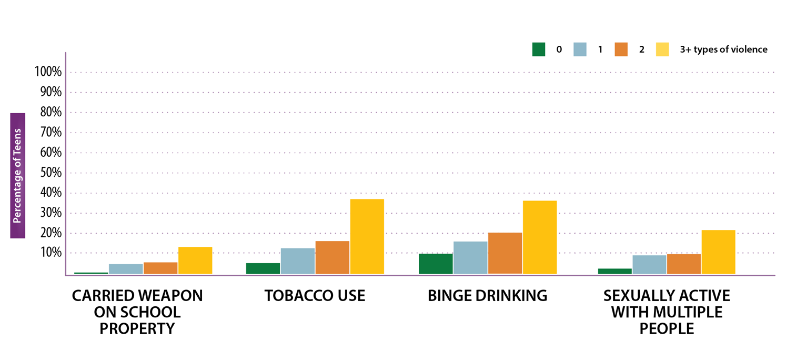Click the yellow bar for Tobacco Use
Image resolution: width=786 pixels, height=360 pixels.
tap(367, 236)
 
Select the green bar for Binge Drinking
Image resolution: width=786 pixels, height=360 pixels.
tap(435, 264)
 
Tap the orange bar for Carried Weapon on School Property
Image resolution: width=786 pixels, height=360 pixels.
tap(160, 268)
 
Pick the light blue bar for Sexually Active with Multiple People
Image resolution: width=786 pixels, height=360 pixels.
tap(649, 265)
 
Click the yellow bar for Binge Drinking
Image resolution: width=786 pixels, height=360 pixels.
tap(539, 237)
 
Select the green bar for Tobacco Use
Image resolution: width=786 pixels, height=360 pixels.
tap(263, 268)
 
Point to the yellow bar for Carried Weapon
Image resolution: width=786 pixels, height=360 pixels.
tap(195, 261)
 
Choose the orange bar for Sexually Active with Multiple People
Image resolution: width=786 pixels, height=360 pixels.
tap(683, 264)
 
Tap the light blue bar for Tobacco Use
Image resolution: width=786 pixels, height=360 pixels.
tap(297, 261)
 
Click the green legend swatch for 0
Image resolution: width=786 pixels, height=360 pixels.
tap(539, 49)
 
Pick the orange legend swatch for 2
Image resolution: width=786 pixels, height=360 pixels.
tap(621, 49)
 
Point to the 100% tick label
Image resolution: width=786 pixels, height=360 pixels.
tap(48, 72)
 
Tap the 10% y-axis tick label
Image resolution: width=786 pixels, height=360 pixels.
tap(51, 253)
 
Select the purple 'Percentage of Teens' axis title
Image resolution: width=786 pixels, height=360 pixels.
tap(17, 176)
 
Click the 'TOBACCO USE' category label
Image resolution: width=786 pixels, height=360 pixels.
tap(315, 295)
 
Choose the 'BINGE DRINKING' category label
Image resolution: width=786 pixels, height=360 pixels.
tap(487, 295)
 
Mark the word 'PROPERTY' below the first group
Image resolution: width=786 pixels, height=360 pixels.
tap(137, 328)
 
